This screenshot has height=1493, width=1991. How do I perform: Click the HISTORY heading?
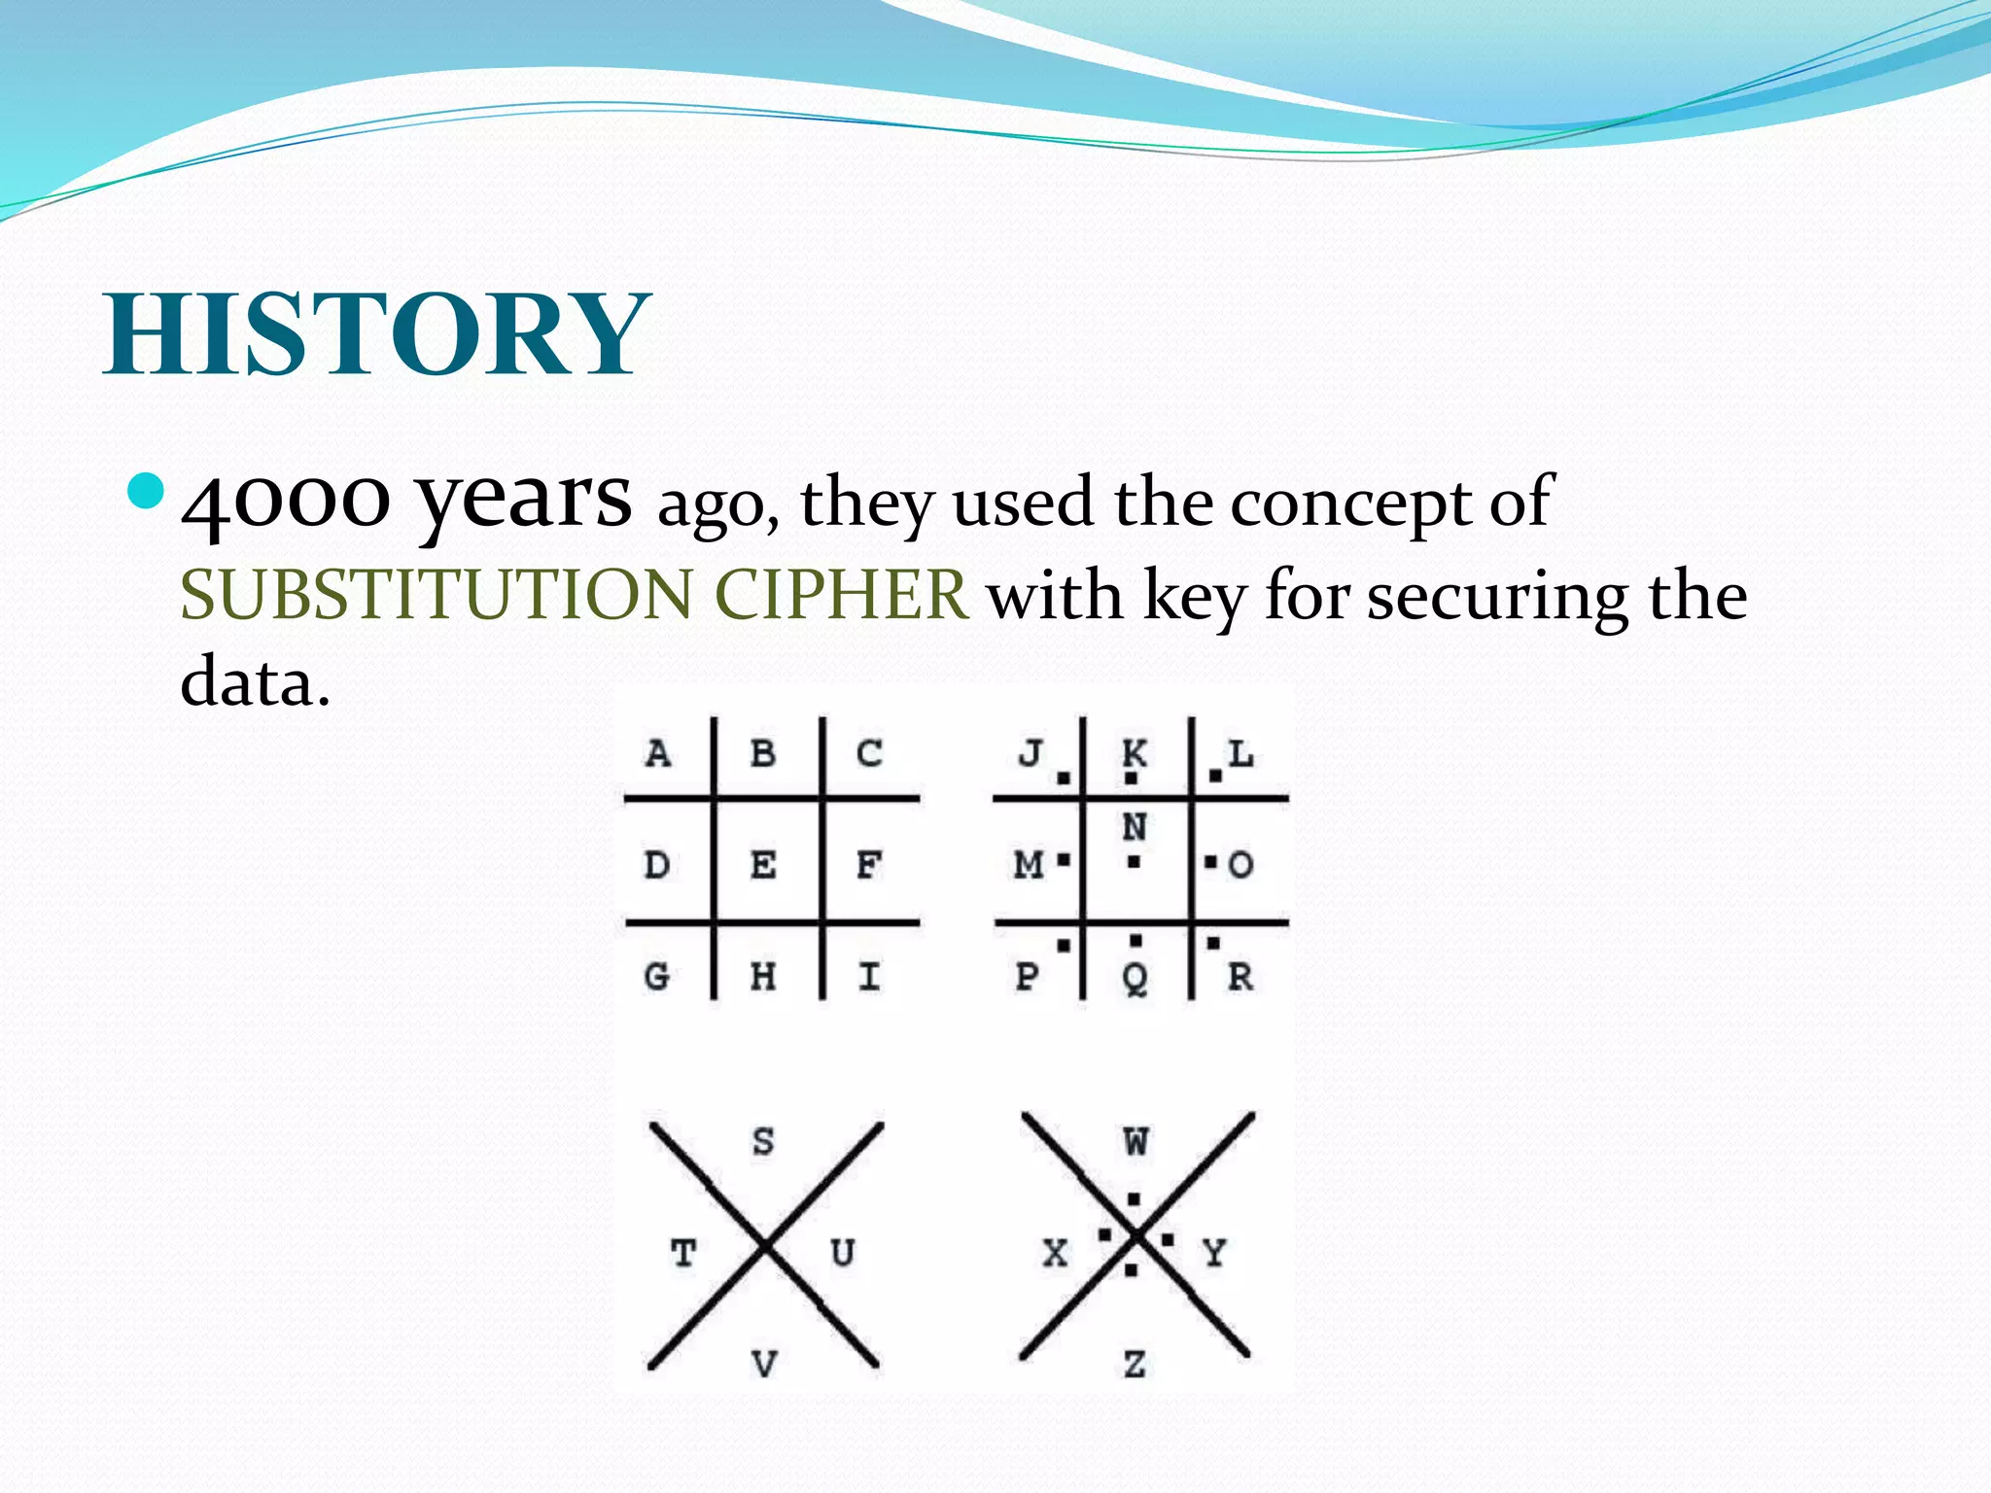tap(377, 333)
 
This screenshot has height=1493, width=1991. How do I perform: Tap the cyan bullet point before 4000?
tap(147, 492)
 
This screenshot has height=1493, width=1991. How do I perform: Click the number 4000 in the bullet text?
tap(286, 500)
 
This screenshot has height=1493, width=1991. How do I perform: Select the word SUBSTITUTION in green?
tap(437, 594)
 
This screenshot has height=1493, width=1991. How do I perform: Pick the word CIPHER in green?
tap(841, 594)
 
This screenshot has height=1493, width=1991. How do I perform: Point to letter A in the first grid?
tap(658, 753)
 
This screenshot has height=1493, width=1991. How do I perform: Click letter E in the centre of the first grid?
tap(763, 864)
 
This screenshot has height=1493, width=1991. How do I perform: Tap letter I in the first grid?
tap(869, 975)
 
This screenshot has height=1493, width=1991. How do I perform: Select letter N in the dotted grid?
tap(1135, 827)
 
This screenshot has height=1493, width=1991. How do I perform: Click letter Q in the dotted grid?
tap(1135, 977)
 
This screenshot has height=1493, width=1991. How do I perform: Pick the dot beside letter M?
tap(1064, 860)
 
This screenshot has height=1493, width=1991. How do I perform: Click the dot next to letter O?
tap(1210, 861)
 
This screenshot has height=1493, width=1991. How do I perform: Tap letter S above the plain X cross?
tap(763, 1141)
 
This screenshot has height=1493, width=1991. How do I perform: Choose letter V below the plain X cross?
tap(765, 1365)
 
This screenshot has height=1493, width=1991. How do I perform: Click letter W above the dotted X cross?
tap(1135, 1141)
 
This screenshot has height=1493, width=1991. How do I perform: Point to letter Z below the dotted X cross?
tap(1135, 1365)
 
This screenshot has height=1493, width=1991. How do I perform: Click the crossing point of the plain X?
tap(766, 1245)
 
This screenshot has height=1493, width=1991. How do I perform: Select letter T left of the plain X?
tap(683, 1253)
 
